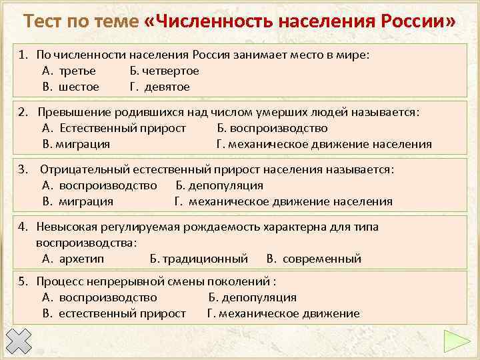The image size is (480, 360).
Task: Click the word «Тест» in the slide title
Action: tap(47, 23)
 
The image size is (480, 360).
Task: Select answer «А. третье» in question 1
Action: tap(69, 71)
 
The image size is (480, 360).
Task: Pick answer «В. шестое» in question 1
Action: tap(71, 87)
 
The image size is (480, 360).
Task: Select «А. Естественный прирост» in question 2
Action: tap(114, 128)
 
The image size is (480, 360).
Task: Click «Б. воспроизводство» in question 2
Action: tap(272, 128)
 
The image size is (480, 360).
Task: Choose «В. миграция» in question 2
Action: tap(76, 144)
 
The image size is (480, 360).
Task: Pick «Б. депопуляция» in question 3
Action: tap(219, 185)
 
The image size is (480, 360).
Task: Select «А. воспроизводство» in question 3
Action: tap(99, 185)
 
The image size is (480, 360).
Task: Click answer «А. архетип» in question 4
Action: tap(73, 259)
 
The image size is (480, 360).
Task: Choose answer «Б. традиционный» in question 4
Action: tap(199, 259)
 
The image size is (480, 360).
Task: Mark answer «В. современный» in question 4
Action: tap(313, 259)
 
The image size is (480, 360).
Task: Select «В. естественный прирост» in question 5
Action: tap(114, 313)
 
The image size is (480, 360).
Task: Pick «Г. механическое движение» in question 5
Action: tap(283, 313)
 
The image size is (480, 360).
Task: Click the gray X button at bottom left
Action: tap(22, 342)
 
